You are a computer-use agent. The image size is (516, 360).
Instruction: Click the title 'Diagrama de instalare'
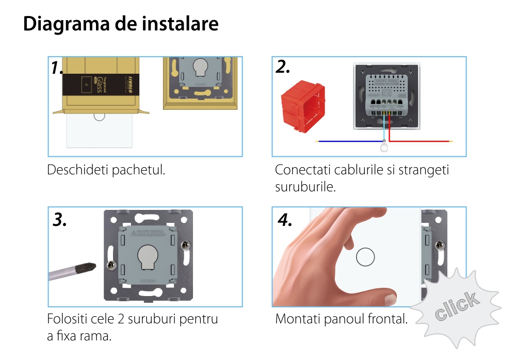pos(121,24)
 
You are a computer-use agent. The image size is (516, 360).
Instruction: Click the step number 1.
pos(57,68)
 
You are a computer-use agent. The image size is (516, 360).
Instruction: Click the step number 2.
pos(282,67)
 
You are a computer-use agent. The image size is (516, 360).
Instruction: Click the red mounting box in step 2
pos(303,109)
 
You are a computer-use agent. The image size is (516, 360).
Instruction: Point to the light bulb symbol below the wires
pos(383,149)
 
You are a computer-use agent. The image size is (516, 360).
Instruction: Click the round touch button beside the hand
pos(365,257)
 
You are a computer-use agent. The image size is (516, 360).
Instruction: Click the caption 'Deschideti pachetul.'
pos(106,170)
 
